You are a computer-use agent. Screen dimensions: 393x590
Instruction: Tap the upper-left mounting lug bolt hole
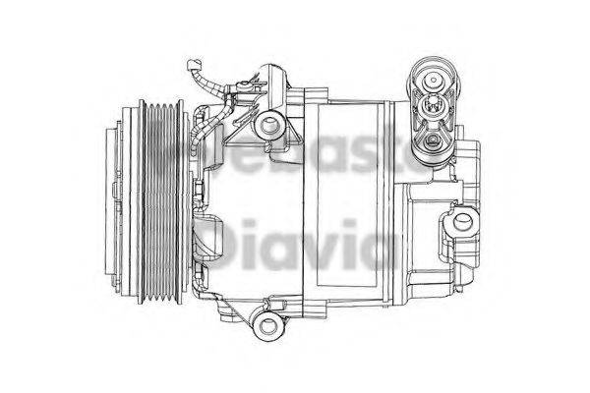[265, 126]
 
